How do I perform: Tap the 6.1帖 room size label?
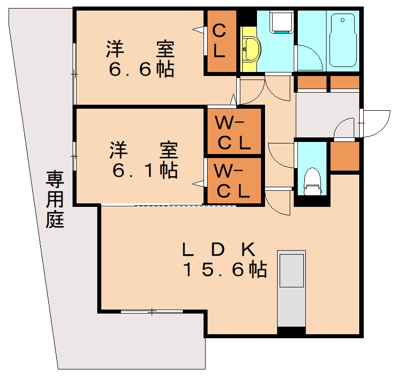[x=145, y=171]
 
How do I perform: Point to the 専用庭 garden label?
[x=55, y=200]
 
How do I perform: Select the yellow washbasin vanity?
[x=249, y=50]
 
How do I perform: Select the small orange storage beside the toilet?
[x=345, y=157]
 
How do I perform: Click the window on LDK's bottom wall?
[x=152, y=312]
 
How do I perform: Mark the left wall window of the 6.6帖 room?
[x=75, y=74]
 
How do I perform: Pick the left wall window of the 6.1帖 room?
[x=75, y=156]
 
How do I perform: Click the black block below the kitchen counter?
[x=292, y=332]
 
